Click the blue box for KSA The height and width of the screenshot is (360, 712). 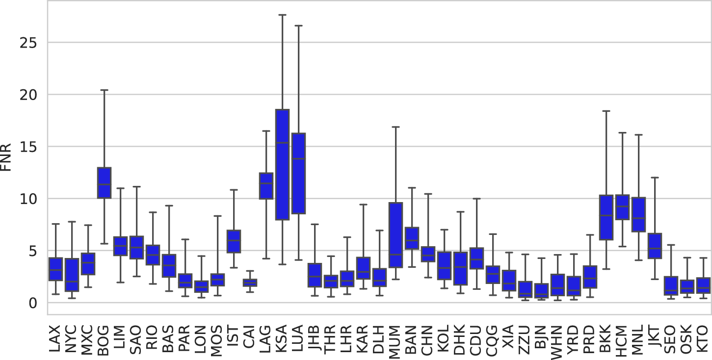click(x=282, y=164)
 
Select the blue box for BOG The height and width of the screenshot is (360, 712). click(x=104, y=182)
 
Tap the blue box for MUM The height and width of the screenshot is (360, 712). click(x=396, y=235)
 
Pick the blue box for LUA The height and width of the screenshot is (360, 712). click(x=298, y=173)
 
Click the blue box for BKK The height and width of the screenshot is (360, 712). click(x=606, y=217)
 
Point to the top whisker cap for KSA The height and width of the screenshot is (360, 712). click(x=282, y=15)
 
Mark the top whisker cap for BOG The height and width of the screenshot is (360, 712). click(x=104, y=90)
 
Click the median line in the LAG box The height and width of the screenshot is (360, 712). click(x=266, y=183)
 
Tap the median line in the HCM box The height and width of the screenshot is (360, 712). click(x=622, y=206)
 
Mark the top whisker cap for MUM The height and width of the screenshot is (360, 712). click(x=396, y=127)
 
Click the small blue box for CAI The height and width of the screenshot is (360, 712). click(x=250, y=283)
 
